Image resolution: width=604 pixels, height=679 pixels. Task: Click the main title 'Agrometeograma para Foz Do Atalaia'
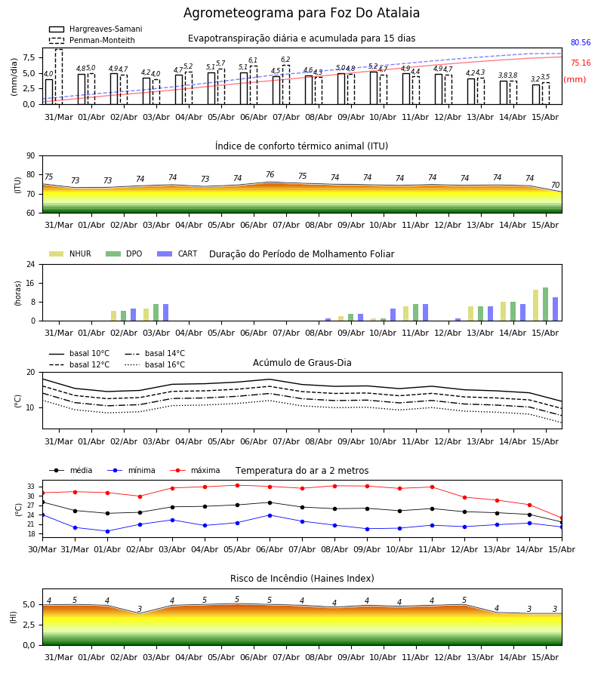tap(301, 13)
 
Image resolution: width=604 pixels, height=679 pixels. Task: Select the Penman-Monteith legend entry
tap(92, 40)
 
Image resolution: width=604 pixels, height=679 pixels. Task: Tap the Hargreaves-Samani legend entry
tap(96, 29)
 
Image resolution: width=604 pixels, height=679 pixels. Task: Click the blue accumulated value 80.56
tap(581, 42)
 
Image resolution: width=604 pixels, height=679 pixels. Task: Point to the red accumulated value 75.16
tap(581, 63)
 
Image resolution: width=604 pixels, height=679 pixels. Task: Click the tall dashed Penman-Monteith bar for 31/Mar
tap(59, 77)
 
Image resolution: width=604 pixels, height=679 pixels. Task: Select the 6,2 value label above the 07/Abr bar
tap(285, 60)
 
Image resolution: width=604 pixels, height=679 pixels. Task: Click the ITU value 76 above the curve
tap(270, 174)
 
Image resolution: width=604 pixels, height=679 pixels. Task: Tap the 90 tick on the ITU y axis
tap(31, 156)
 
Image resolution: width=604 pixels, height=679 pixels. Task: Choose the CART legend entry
tap(177, 253)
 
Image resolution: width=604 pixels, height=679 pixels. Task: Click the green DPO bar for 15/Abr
tap(546, 304)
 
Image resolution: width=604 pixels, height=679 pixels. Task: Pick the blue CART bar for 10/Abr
tap(393, 315)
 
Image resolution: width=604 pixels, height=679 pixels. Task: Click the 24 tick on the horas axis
tap(31, 264)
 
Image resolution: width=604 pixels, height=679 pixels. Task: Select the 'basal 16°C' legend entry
tap(155, 364)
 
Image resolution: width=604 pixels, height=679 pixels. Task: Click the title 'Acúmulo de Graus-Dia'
tap(302, 362)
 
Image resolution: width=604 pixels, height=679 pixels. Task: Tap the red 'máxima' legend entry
tap(196, 470)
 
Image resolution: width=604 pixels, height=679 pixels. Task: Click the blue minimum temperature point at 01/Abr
tap(107, 531)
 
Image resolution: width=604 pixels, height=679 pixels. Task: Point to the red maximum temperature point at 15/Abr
tap(562, 518)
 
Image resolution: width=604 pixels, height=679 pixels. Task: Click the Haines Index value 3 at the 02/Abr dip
tap(140, 609)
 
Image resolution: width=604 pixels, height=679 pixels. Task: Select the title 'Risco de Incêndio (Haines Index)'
tap(302, 579)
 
